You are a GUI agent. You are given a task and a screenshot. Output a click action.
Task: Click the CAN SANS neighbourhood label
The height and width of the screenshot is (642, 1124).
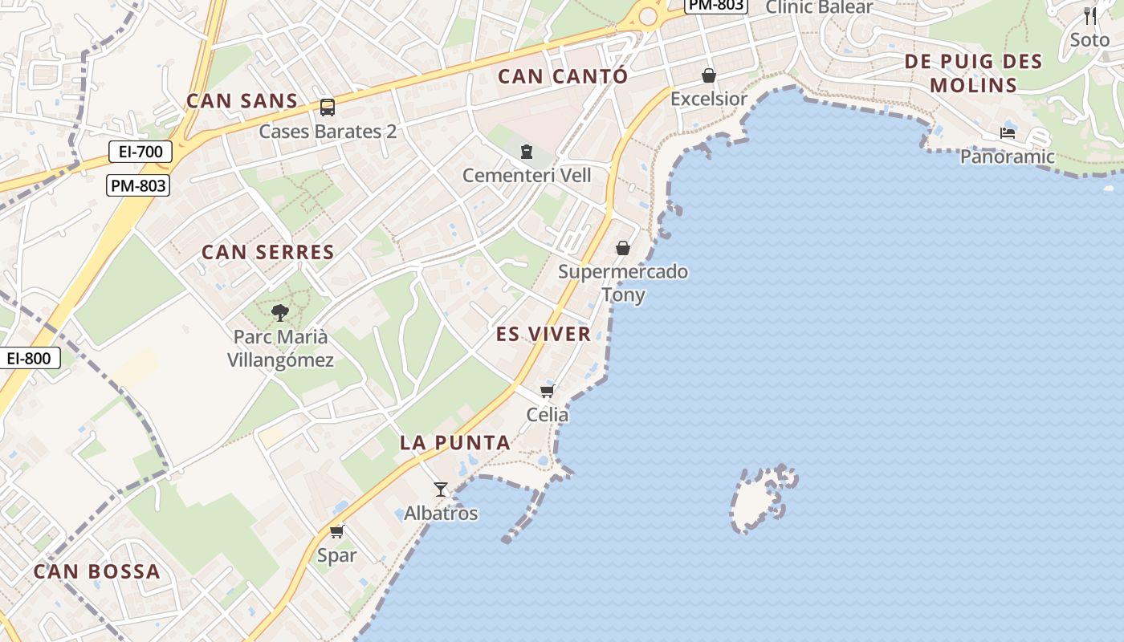point(242,101)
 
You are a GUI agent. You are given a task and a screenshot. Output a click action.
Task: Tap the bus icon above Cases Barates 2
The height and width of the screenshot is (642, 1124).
point(328,107)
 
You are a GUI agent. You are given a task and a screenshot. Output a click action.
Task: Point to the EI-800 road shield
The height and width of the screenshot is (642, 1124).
point(30,358)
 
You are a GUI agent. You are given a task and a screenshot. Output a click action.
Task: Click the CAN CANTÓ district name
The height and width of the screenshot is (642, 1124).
point(562,76)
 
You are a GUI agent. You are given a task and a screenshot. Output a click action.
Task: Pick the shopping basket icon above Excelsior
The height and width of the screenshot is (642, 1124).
point(709,75)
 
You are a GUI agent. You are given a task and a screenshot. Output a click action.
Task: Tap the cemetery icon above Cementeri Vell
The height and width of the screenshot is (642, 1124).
point(527,151)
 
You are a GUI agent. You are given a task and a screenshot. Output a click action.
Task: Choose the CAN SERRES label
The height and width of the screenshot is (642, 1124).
point(267,252)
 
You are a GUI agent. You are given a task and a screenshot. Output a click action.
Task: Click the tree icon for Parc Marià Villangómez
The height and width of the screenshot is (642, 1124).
point(279,312)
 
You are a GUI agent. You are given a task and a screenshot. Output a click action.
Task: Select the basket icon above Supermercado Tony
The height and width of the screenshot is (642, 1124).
point(622,248)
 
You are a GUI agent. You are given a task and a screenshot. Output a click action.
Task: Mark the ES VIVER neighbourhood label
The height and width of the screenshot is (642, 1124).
point(543,334)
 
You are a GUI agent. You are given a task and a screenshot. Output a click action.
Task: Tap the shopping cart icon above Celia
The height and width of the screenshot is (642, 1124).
point(548,391)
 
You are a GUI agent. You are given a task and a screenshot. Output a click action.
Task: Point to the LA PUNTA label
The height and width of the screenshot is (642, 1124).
point(454,442)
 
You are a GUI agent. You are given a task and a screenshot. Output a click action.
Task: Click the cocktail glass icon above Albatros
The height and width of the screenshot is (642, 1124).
point(441,489)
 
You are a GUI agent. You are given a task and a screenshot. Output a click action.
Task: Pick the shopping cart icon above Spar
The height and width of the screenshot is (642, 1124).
point(336,531)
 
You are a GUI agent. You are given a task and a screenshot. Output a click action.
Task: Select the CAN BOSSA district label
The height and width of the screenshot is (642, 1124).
point(96,571)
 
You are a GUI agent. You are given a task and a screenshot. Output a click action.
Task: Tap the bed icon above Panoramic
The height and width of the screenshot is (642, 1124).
point(1008,132)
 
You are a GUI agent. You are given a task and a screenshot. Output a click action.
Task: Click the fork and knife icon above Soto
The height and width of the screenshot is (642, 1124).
point(1089,16)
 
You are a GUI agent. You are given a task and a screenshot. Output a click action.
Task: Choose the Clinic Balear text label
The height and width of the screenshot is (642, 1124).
point(819,7)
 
